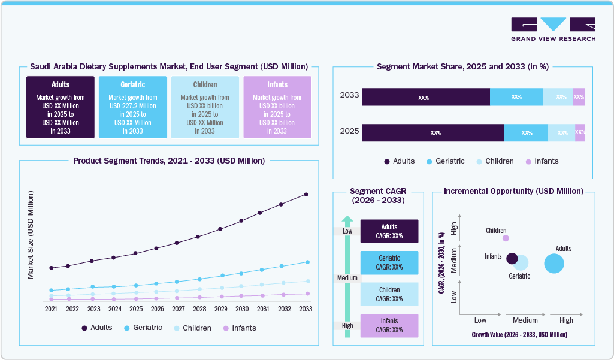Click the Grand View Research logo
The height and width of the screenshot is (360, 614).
coord(553,29)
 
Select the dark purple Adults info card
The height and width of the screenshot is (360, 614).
coord(61,107)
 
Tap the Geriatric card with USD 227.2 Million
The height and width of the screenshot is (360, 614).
coord(133,107)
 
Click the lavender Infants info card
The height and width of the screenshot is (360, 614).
coord(277,107)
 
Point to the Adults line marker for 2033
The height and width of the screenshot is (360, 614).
coord(306,194)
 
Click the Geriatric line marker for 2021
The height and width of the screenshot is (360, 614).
coord(52,290)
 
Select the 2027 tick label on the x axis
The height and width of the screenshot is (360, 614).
coord(178,309)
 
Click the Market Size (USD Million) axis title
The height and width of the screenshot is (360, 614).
coord(31,235)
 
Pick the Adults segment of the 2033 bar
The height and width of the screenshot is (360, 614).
coord(425,97)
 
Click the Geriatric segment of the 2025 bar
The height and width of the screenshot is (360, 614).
coord(526,133)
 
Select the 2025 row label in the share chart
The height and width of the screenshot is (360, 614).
coord(349,130)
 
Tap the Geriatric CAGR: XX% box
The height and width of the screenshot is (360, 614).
coord(389,262)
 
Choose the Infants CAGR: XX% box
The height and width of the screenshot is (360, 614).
coord(389,325)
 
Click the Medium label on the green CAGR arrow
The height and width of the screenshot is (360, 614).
coord(347,278)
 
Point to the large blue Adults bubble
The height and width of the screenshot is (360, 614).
coord(554,264)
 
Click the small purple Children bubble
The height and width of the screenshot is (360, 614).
coord(506,238)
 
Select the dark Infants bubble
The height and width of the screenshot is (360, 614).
coord(512,258)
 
